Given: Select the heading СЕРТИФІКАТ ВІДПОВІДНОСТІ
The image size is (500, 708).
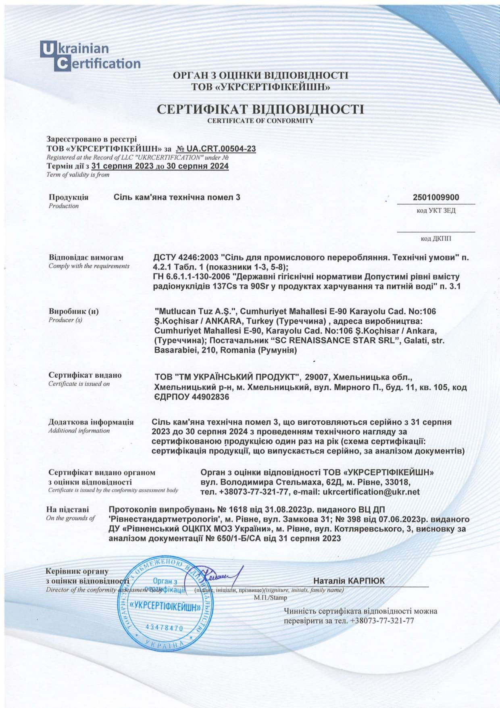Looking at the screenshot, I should click(x=260, y=109).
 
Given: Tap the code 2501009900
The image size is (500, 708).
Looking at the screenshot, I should click(x=436, y=197).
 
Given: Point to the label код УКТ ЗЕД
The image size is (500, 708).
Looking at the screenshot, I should click(x=436, y=211).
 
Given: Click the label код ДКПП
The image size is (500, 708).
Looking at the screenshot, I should click(x=436, y=238).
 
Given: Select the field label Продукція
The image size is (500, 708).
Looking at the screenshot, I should click(x=69, y=197).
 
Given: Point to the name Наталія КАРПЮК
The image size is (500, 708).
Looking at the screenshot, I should click(x=349, y=581).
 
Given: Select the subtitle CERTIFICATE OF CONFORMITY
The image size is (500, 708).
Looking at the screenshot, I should click(x=260, y=121).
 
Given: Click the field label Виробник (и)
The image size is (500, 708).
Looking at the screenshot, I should click(x=73, y=311).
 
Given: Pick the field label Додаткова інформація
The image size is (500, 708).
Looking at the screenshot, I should click(x=91, y=422).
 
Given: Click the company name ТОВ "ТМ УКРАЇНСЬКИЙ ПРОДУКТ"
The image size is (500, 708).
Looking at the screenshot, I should click(x=227, y=377).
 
